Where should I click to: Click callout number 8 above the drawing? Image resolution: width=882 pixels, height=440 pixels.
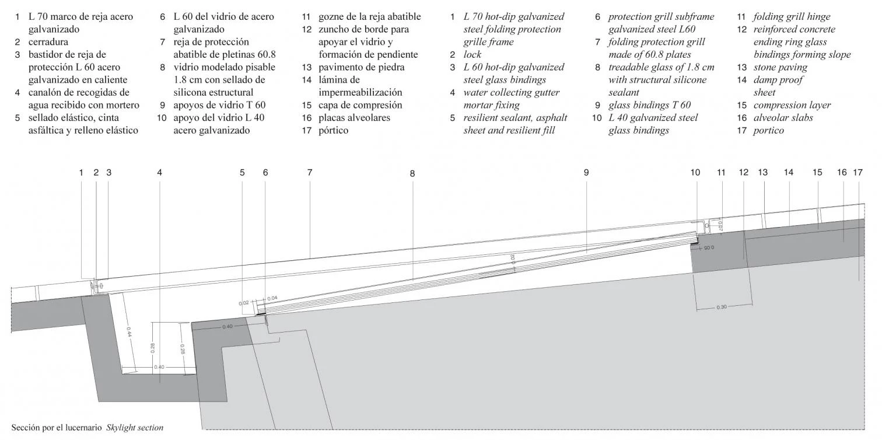[x=412, y=173]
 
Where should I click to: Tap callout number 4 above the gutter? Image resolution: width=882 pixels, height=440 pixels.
[x=159, y=172]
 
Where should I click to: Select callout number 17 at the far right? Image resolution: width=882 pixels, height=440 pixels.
[x=857, y=172]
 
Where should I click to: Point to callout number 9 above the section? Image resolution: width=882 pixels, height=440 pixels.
[x=586, y=172]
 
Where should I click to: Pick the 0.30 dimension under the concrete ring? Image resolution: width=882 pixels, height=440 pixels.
[x=722, y=307]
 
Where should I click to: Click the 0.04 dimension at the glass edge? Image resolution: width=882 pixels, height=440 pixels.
[x=272, y=298]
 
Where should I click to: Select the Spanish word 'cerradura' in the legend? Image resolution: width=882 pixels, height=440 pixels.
[x=48, y=42]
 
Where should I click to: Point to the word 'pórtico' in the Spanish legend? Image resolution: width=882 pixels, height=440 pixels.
[x=333, y=131]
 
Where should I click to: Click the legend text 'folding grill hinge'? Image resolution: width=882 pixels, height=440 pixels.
[x=792, y=17]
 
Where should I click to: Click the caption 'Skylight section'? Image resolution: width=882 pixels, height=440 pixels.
[x=135, y=428]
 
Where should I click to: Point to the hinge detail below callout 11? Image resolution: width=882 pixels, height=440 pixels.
[x=706, y=223]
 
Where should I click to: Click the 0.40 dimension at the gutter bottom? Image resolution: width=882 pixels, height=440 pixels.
[x=159, y=367]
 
